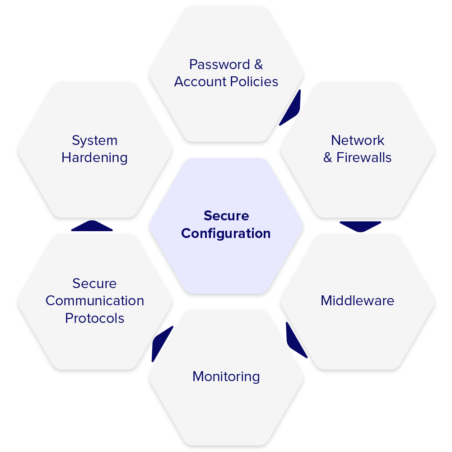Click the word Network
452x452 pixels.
[x=357, y=140]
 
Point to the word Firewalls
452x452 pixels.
[x=364, y=158]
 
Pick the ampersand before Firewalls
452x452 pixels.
[x=328, y=158]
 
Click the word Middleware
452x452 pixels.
[x=357, y=301]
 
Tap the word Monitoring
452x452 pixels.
[x=226, y=377]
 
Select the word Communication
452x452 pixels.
[x=95, y=301]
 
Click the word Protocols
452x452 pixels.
[x=95, y=318]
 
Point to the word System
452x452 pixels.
[x=95, y=140]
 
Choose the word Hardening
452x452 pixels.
[x=95, y=158]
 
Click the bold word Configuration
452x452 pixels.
[x=226, y=233]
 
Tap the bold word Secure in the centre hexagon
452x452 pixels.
[x=226, y=216]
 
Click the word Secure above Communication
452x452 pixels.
[x=95, y=284]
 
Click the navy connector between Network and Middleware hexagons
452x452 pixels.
[x=360, y=226]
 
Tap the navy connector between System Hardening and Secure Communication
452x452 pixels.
[x=92, y=226]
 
